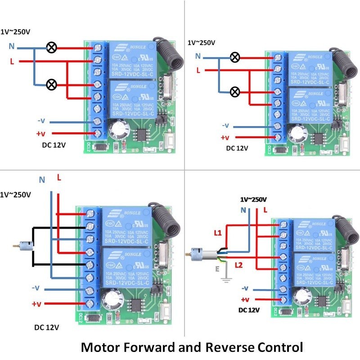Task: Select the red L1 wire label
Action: coord(217,233)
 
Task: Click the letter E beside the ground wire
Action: coord(218,270)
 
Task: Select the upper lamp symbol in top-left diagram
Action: coord(52,47)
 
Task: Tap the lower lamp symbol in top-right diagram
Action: coord(234,92)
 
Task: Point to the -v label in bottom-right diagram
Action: coord(245,288)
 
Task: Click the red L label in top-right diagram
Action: coord(198,70)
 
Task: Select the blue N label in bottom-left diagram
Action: coord(42,180)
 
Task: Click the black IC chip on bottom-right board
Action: coord(321,301)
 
